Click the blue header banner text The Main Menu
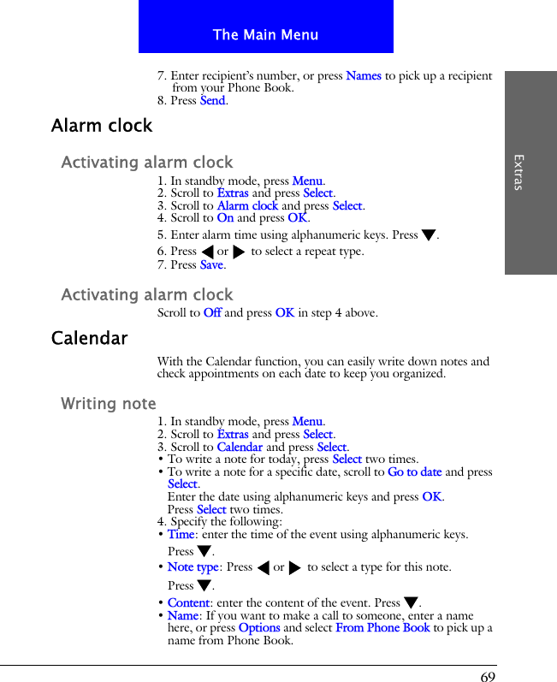(265, 35)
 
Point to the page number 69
(488, 676)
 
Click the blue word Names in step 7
(364, 75)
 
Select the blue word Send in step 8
(212, 100)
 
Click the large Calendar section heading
(90, 338)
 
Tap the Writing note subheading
(109, 403)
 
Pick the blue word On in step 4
(225, 218)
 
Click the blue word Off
(212, 312)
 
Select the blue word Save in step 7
(210, 264)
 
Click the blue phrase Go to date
(414, 471)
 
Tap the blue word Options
(259, 627)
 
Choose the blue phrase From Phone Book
(382, 627)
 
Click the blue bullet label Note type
(193, 566)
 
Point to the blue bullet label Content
(188, 602)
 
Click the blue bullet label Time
(181, 534)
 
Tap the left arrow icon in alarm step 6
(206, 252)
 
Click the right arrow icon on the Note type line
(295, 567)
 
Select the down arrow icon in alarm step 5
(429, 235)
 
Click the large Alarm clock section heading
(102, 126)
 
